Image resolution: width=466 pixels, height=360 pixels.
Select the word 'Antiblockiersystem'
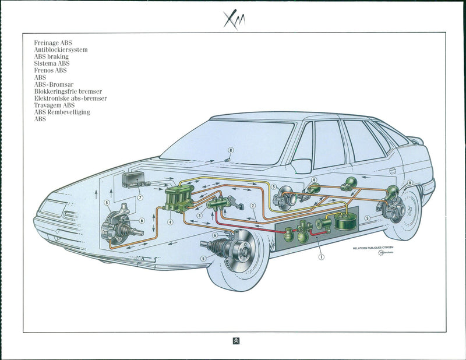(61, 50)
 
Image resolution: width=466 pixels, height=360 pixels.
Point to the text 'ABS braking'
(51, 57)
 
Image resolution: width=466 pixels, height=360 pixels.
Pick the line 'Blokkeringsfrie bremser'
(68, 91)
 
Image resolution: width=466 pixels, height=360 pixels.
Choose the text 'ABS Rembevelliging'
(62, 112)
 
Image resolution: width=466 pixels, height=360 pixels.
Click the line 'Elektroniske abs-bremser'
(70, 98)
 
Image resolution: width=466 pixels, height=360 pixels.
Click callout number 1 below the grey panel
(321, 255)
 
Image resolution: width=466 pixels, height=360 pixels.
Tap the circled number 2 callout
(253, 205)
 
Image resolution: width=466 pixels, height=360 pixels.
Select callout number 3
(200, 215)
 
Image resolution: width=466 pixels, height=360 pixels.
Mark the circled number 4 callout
(170, 221)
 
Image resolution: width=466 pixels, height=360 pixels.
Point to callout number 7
(140, 197)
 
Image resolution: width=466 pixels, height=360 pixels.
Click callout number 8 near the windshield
(231, 150)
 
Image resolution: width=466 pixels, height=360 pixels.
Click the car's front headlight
(53, 208)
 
